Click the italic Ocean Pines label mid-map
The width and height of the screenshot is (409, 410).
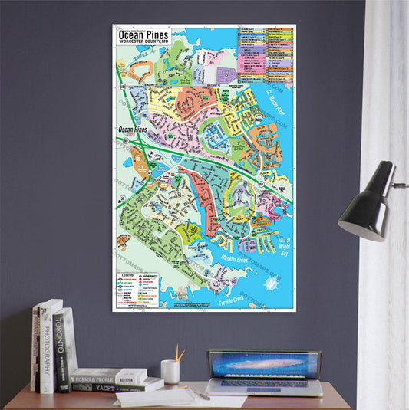tap(130, 130)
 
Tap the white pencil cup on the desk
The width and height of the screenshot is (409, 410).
tap(170, 372)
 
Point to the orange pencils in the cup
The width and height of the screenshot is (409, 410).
tap(178, 353)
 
